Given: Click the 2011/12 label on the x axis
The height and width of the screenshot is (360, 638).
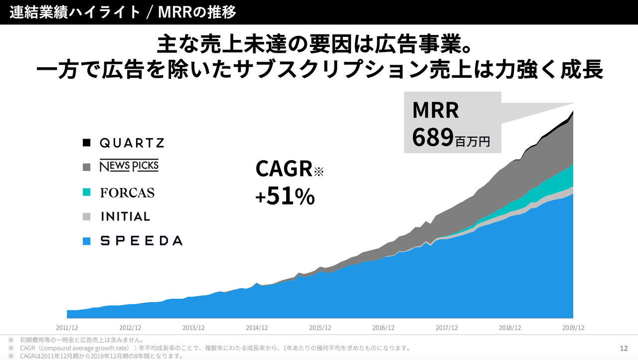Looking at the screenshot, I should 67,328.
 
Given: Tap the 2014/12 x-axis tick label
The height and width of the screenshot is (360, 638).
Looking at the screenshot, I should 257,328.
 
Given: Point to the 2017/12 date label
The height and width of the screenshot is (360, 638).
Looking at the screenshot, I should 447,328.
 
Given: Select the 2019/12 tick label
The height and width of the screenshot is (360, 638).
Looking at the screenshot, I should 573,328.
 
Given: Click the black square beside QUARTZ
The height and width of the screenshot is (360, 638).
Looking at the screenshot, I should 87,143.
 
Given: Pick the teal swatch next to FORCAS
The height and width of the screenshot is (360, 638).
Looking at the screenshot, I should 87,192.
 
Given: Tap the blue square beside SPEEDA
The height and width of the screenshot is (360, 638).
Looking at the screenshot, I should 87,241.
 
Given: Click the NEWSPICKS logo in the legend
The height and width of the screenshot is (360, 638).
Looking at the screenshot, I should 129,167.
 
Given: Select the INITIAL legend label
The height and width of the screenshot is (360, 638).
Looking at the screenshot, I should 125,216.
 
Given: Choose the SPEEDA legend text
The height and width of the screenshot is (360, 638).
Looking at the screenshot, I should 142,241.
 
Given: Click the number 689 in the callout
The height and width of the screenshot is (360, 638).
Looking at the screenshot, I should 433,138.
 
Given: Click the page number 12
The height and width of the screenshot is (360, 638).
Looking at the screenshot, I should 624,348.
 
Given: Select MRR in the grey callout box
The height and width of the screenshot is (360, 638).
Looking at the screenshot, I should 436,110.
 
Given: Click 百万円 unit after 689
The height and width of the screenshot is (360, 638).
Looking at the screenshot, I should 473,142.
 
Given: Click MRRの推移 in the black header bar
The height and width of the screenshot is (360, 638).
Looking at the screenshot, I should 197,12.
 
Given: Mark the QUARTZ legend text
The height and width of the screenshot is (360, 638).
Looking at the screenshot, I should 132,143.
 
